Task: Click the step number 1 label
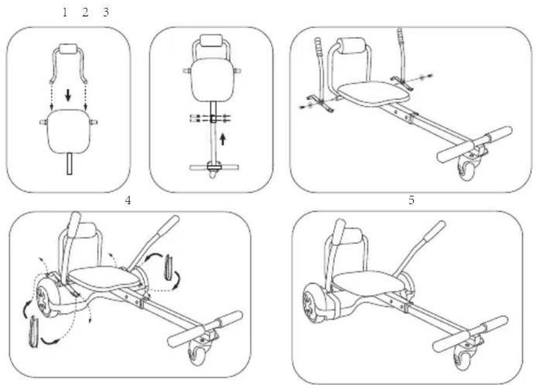[x=65, y=12]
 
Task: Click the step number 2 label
[x=85, y=12]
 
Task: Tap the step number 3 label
[x=106, y=12]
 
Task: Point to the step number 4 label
[x=128, y=200]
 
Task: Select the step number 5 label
[x=412, y=200]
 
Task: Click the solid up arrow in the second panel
[x=223, y=139]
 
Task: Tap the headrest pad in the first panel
[x=69, y=48]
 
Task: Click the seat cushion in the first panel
[x=69, y=131]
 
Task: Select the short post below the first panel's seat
[x=69, y=164]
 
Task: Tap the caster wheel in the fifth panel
[x=462, y=360]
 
